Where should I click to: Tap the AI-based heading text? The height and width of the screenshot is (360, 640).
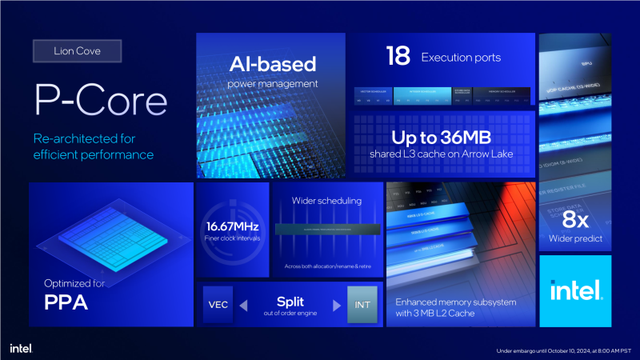click(272, 64)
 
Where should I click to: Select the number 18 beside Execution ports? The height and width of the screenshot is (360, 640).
click(398, 55)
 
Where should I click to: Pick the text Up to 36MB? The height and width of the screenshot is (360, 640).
click(443, 137)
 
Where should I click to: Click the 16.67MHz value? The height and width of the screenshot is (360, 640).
click(233, 226)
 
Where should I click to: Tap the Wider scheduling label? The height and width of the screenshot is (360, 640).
click(328, 200)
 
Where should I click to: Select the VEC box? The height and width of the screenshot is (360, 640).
click(218, 305)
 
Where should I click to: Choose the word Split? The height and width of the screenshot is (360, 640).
click(290, 302)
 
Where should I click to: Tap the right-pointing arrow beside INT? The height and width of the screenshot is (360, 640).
click(337, 305)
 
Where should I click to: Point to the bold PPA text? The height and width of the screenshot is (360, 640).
click(66, 304)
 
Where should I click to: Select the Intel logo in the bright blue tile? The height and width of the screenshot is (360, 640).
click(575, 291)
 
